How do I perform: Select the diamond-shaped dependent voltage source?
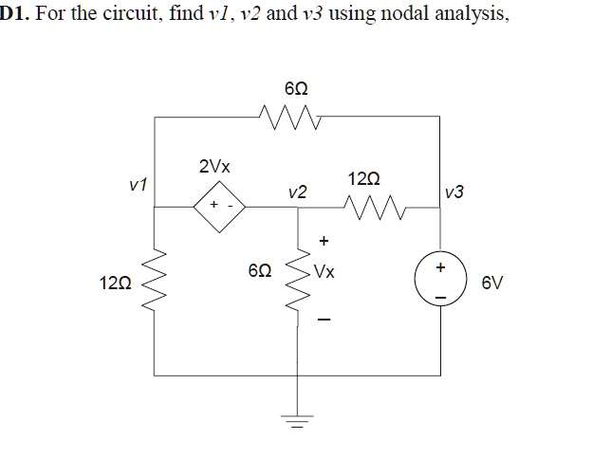pyautogui.click(x=221, y=205)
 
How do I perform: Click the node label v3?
pyautogui.click(x=454, y=192)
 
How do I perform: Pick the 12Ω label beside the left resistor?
pyautogui.click(x=113, y=283)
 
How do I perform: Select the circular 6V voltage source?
pyautogui.click(x=438, y=283)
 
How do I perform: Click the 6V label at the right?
pyautogui.click(x=489, y=283)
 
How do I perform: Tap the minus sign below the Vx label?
pyautogui.click(x=324, y=318)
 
